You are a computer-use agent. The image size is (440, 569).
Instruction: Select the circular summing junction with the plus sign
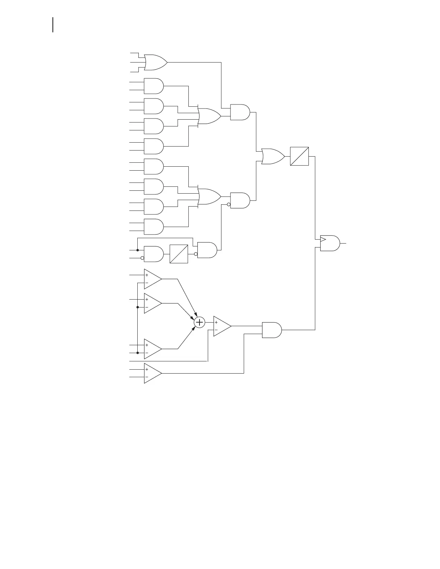[x=199, y=323]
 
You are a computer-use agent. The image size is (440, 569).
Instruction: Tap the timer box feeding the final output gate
[x=299, y=156]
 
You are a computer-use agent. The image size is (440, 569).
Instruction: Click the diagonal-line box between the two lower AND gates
[x=179, y=254]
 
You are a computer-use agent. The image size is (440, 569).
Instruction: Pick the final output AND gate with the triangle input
[x=330, y=243]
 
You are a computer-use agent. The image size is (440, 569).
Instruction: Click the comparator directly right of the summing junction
[x=222, y=326]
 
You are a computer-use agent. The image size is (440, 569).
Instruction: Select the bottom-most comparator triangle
[x=152, y=373]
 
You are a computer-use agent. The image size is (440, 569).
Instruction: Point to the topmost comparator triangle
[x=152, y=279]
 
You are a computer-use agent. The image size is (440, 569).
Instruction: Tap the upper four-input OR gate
[x=209, y=116]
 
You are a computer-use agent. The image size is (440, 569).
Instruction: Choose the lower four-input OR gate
[x=209, y=196]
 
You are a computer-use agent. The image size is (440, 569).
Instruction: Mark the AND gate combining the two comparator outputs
[x=272, y=330]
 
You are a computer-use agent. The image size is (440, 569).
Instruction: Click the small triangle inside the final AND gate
[x=323, y=239]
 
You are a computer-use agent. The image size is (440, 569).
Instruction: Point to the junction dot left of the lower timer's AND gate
[x=138, y=250]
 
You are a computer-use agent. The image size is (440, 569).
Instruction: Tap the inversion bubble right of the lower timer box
[x=196, y=254]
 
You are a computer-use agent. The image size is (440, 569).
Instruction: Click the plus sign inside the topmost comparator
[x=147, y=275]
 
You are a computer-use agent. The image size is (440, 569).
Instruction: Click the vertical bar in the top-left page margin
[x=53, y=25]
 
